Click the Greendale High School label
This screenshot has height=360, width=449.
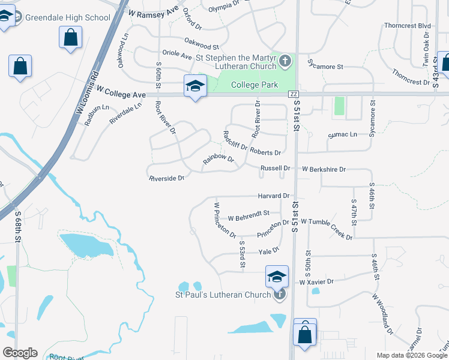[67, 17]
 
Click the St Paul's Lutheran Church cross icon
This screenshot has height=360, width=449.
[279, 294]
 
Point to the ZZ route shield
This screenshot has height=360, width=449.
[294, 94]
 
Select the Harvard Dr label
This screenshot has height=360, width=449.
[274, 196]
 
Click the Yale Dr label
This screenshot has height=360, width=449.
[269, 250]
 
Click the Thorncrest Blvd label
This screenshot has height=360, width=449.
[408, 26]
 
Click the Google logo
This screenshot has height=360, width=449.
[20, 352]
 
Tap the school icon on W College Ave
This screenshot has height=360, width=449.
[195, 86]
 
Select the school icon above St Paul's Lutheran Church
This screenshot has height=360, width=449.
[277, 277]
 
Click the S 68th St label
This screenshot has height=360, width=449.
[17, 226]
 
